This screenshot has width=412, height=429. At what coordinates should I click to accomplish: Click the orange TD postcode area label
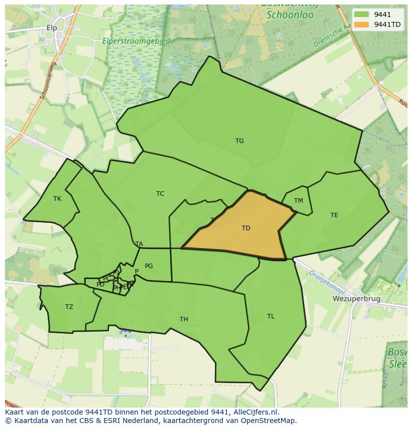246,228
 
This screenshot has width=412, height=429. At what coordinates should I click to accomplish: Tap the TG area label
239,141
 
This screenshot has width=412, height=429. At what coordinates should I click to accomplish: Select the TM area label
298,201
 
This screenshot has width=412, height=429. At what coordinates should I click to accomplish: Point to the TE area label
334,215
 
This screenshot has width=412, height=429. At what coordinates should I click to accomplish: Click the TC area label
160,194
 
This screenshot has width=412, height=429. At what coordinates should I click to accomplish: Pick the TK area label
57,199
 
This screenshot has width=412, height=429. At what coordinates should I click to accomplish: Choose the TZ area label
69,307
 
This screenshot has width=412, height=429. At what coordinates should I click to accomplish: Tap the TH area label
184,319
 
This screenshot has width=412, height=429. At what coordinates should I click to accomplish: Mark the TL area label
271,316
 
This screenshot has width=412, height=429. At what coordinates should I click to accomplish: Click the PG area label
149,266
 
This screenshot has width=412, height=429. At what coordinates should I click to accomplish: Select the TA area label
139,244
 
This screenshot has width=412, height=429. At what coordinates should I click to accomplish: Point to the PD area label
101,285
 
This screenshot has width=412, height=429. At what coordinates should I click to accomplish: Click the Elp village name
52,28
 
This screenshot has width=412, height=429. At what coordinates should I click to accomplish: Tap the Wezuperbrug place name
356,299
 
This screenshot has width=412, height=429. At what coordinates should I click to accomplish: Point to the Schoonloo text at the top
290,15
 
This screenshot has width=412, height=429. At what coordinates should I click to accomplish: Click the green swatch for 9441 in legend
362,14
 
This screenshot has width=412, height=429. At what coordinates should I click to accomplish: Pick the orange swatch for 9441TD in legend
362,24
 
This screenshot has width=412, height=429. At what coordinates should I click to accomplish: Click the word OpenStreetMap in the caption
270,421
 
